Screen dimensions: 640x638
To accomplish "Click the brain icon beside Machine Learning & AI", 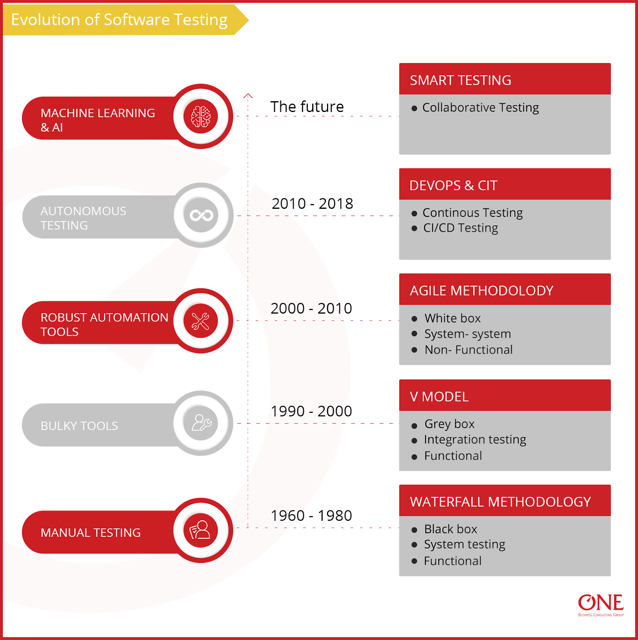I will [x=201, y=116].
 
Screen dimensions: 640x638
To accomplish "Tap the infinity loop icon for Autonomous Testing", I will [x=201, y=216].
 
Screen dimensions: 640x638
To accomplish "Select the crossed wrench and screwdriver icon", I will [x=201, y=321].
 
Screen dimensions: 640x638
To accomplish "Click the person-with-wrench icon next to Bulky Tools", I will [x=201, y=423].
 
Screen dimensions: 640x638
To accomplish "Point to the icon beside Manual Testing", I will [x=201, y=530].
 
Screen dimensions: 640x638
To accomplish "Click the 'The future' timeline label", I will [x=307, y=107].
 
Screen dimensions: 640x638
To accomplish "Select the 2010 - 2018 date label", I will [x=312, y=204].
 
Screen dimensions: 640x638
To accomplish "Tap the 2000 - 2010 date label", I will [x=311, y=308].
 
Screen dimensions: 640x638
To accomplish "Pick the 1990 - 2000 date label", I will [x=311, y=411].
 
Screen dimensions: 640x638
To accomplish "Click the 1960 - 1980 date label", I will [x=311, y=516].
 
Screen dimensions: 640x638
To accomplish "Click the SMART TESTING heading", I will [x=460, y=80].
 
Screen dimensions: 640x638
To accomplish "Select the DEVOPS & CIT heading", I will [x=453, y=186].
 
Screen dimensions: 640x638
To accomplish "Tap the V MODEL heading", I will [x=439, y=397].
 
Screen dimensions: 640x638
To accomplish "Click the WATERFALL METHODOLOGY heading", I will [x=500, y=502].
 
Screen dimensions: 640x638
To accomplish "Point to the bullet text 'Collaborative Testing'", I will [x=480, y=108].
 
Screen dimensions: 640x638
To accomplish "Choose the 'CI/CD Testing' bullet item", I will [x=460, y=228].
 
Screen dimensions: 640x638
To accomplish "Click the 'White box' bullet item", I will [x=452, y=318].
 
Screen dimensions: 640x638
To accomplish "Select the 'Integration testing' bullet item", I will [x=475, y=440].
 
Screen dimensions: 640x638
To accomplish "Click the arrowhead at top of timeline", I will [x=248, y=96].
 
